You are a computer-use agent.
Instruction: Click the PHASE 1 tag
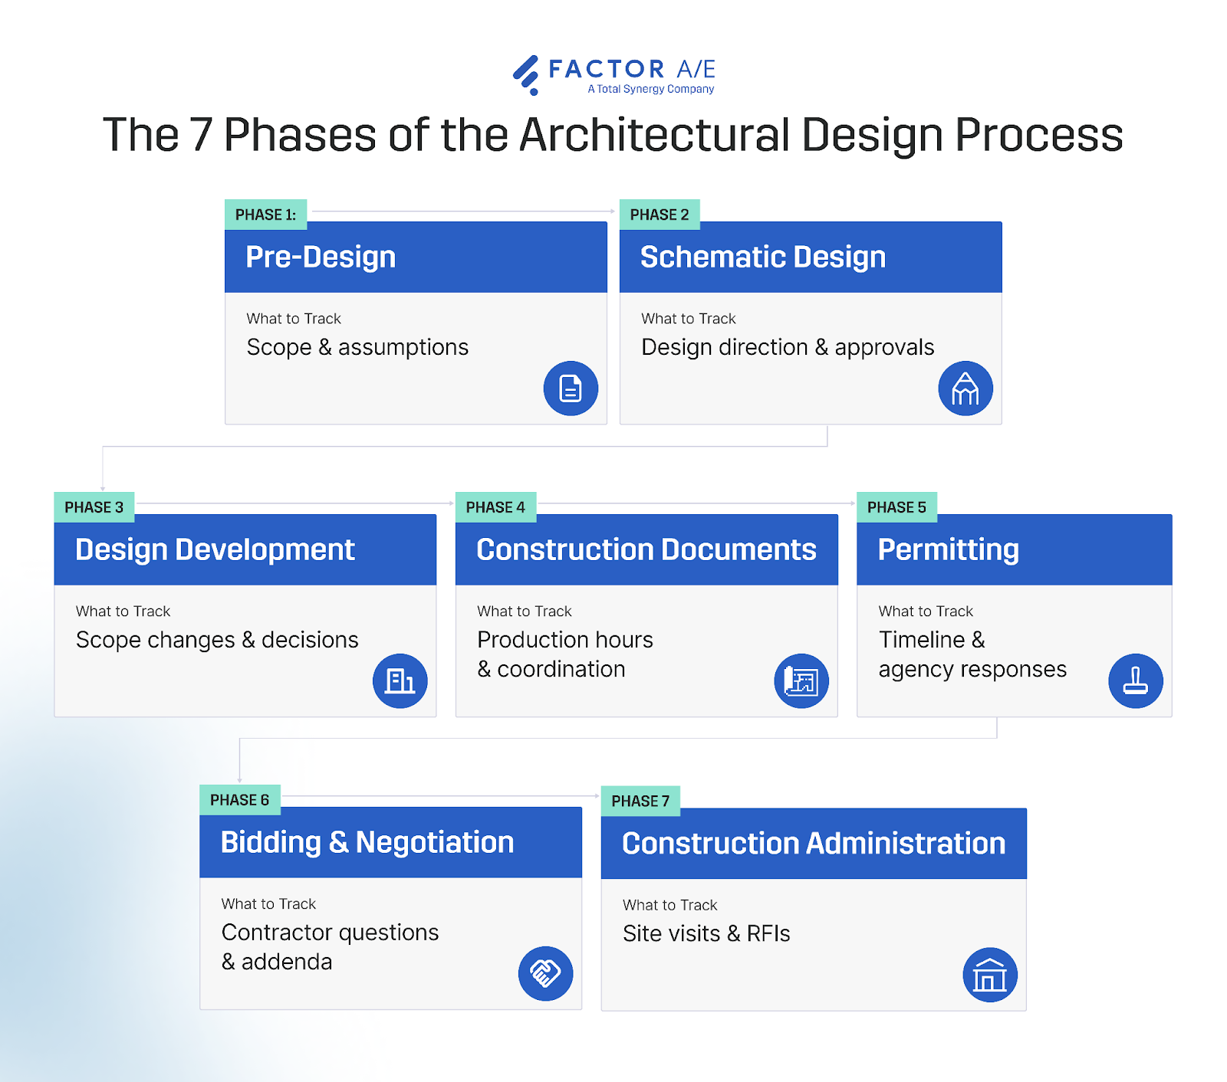coord(265,215)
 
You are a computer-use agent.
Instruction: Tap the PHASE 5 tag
coord(896,507)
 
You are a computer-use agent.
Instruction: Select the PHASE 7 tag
coord(640,801)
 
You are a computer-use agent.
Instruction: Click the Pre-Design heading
coord(321,257)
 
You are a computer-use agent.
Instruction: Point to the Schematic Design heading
coord(762,257)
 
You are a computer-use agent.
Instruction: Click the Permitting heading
coord(948,549)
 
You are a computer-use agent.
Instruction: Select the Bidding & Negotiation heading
coord(367,842)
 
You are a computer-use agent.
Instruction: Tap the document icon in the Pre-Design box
coord(571,389)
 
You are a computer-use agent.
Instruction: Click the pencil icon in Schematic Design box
coord(965,389)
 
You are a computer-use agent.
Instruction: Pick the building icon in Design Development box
coord(400,681)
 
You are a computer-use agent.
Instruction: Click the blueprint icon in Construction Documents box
coord(801,681)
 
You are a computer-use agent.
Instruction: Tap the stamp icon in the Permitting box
coord(1135,681)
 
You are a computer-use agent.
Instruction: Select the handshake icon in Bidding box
coord(545,974)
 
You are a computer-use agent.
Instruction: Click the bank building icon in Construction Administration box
coord(989,975)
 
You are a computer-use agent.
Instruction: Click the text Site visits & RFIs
coord(706,933)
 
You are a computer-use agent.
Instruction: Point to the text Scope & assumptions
coord(357,347)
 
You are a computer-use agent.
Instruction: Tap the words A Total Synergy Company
coord(650,89)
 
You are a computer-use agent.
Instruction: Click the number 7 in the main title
coord(200,135)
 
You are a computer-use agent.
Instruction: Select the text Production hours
coord(564,640)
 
